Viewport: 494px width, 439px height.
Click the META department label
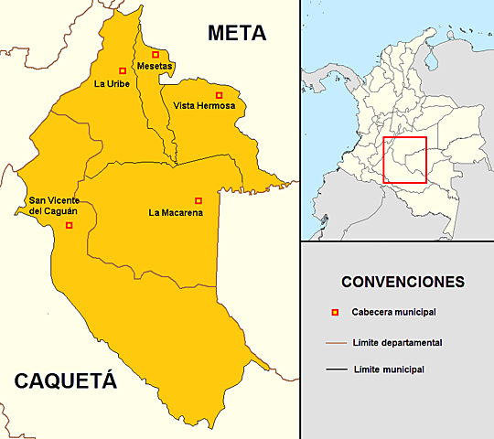pos(236,34)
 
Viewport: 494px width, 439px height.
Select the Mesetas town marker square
pos(155,55)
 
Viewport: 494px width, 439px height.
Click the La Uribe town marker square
pos(123,70)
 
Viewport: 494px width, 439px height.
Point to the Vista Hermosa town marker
pos(219,95)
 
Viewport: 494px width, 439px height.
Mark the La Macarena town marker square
pos(199,200)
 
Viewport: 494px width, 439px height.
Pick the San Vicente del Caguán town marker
pos(69,225)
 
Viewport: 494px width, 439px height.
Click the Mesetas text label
pos(155,67)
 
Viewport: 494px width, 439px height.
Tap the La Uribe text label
pos(113,84)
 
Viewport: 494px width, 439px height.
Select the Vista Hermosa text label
pos(204,107)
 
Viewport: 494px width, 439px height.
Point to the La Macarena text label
pos(176,213)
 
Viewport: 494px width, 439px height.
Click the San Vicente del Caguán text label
pos(52,206)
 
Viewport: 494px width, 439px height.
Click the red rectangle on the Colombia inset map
pos(404,160)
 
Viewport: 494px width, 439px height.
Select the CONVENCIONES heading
pos(402,281)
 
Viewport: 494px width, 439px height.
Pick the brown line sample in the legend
pos(335,343)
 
